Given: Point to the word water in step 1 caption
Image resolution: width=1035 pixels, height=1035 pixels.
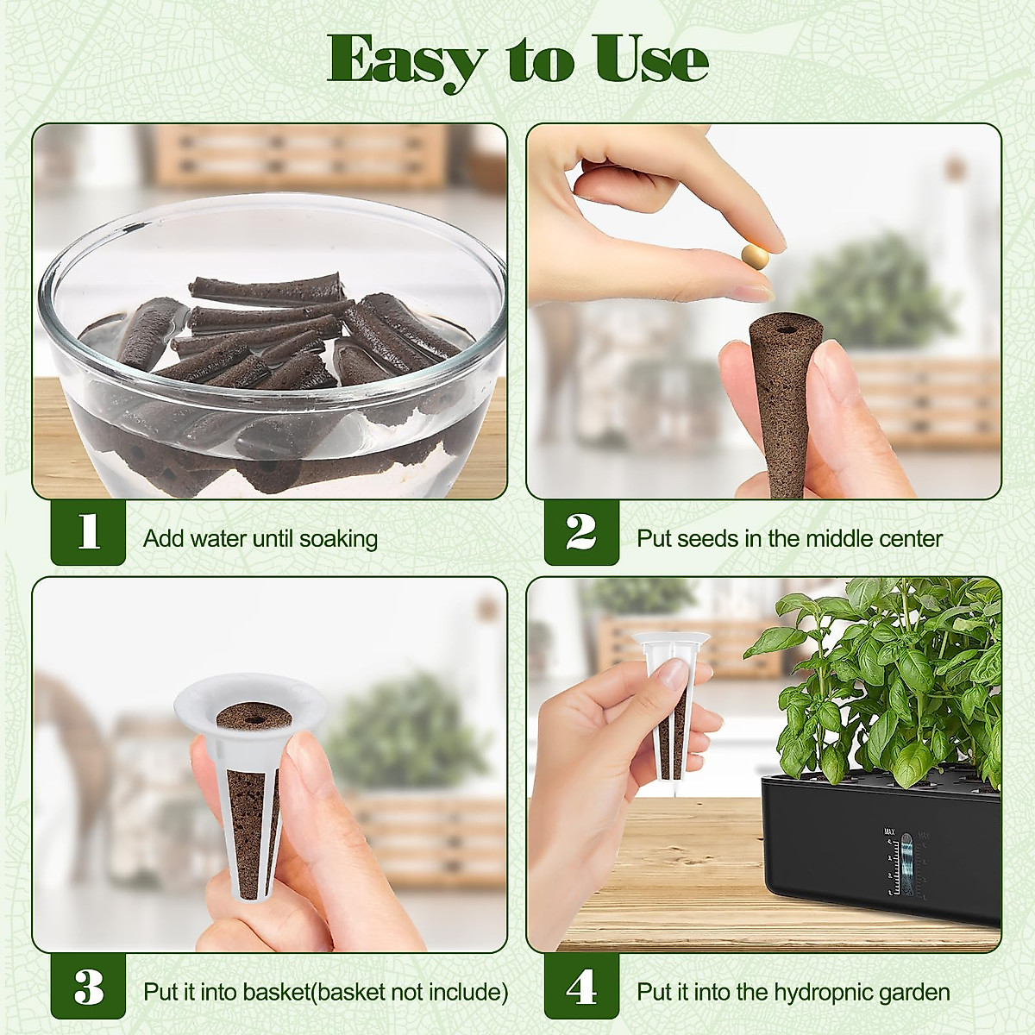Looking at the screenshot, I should click(x=215, y=540).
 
